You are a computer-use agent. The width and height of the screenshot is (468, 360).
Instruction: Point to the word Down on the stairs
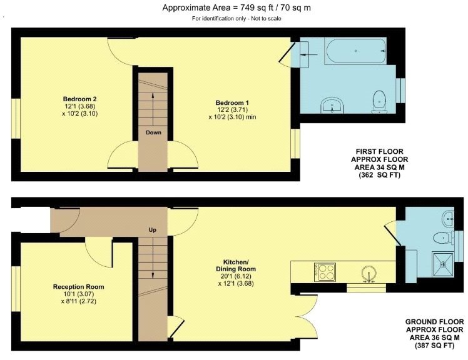(154, 132)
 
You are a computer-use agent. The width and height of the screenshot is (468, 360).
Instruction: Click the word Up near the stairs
(152, 230)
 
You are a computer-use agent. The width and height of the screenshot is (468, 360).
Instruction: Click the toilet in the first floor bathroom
(378, 99)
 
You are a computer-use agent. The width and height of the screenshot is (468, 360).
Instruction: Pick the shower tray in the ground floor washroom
(446, 265)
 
